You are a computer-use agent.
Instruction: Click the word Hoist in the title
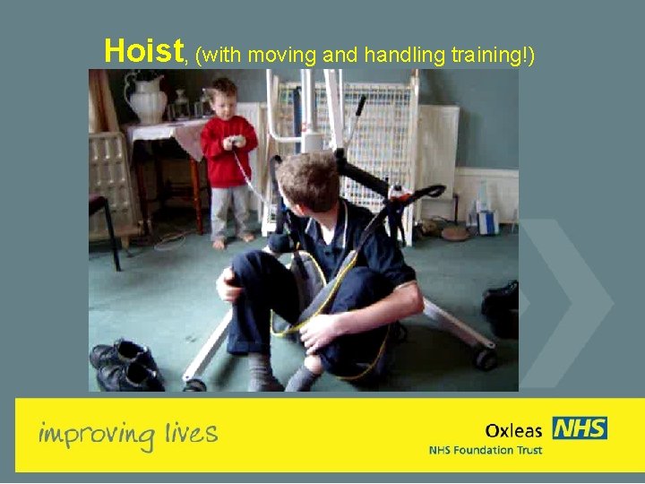pyautogui.click(x=143, y=51)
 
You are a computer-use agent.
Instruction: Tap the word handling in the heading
pyautogui.click(x=403, y=55)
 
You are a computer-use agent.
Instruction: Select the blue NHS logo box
pyautogui.click(x=579, y=428)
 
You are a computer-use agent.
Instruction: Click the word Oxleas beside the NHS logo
pyautogui.click(x=513, y=430)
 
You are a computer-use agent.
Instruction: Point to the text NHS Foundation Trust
pyautogui.click(x=485, y=449)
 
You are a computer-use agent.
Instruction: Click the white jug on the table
pyautogui.click(x=147, y=98)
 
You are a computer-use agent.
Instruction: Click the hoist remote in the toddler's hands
pyautogui.click(x=236, y=142)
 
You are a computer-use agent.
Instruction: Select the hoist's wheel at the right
pyautogui.click(x=486, y=359)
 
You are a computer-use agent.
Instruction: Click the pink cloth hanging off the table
pyautogui.click(x=190, y=139)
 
